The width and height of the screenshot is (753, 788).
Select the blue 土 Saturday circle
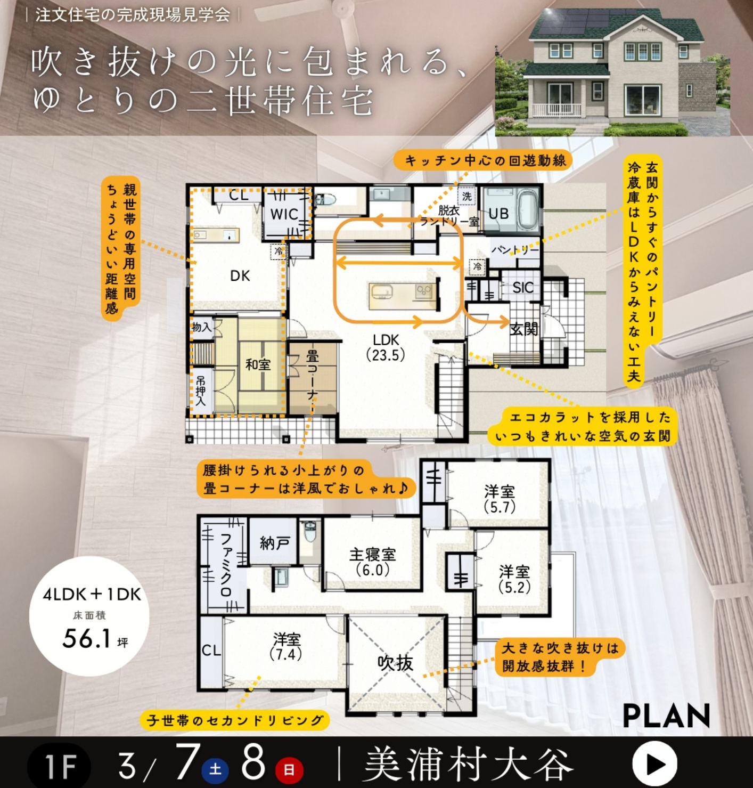tap(215, 768)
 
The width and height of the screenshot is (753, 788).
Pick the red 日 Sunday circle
tap(289, 768)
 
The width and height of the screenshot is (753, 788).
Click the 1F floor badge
tap(59, 765)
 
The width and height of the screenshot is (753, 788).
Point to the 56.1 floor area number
tap(86, 639)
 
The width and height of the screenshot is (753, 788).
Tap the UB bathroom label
tap(498, 214)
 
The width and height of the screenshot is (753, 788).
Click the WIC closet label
tap(284, 214)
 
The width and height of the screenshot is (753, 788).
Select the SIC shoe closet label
tap(522, 288)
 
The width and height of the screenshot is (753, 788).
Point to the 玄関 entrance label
tap(523, 330)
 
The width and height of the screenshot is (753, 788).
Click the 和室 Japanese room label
tap(258, 364)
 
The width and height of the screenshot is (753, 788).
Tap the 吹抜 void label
tap(395, 663)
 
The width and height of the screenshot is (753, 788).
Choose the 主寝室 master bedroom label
tap(372, 554)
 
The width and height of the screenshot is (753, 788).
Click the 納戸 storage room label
tap(275, 543)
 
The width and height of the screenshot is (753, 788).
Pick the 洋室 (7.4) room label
tap(286, 647)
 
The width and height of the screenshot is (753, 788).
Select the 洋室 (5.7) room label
tap(500, 499)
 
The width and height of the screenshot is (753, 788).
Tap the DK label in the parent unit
tap(240, 276)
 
